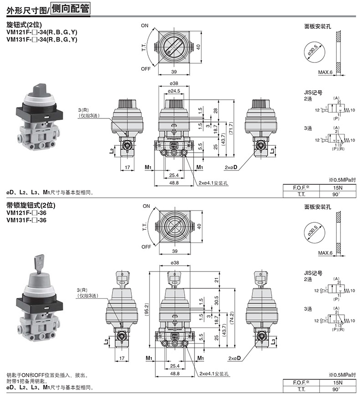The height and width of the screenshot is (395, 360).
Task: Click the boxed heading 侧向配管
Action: click(x=70, y=9)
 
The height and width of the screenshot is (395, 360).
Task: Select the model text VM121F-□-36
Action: click(x=26, y=213)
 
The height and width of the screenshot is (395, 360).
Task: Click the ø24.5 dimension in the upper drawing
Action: click(x=174, y=91)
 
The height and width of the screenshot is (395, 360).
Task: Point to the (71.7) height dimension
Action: click(x=231, y=128)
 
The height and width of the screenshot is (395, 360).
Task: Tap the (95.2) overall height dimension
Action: click(x=147, y=309)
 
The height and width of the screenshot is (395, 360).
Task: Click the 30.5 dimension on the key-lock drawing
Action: click(x=216, y=300)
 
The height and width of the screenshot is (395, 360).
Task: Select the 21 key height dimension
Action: click(x=216, y=280)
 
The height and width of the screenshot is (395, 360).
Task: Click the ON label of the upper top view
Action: click(x=144, y=26)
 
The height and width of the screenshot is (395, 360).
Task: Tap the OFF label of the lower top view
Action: click(x=146, y=247)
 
